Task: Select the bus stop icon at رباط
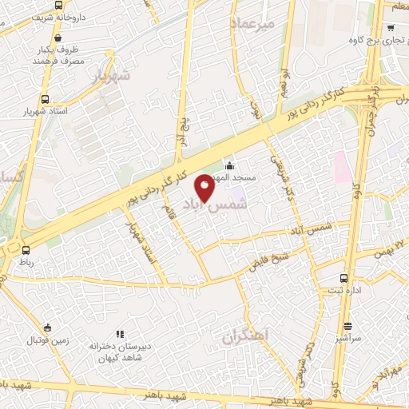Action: pos(26,249)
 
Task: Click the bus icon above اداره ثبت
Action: pos(343,279)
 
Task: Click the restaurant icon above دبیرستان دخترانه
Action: pos(120,334)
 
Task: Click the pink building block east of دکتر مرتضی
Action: pos(341,165)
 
